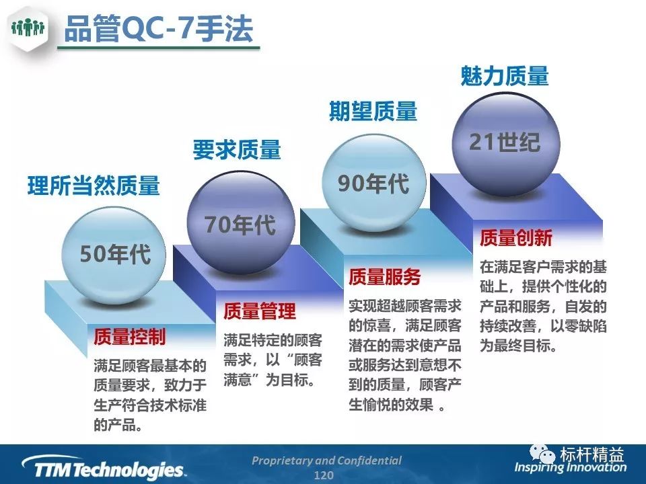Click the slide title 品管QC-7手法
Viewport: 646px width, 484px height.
click(159, 29)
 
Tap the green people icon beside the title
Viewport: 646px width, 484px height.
click(28, 28)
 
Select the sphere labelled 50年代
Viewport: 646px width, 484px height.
click(114, 255)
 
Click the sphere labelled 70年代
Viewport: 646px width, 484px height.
click(241, 223)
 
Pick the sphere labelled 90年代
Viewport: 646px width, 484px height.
click(373, 183)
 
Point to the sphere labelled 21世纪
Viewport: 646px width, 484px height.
click(506, 143)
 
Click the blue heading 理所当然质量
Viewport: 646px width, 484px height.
click(94, 186)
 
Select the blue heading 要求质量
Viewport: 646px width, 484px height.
click(237, 149)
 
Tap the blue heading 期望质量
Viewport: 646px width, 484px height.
click(373, 111)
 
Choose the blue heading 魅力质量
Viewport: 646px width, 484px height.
click(505, 76)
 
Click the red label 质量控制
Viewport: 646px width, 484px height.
click(129, 337)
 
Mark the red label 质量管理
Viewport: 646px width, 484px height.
click(260, 311)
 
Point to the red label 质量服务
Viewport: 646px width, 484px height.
click(384, 276)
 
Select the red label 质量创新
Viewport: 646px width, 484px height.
click(516, 238)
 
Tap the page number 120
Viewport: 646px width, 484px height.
click(324, 475)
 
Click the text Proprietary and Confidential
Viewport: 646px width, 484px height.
click(326, 460)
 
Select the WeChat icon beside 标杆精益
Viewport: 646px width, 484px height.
click(542, 454)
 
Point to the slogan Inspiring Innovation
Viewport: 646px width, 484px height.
click(570, 468)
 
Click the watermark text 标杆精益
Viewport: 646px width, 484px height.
click(591, 454)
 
